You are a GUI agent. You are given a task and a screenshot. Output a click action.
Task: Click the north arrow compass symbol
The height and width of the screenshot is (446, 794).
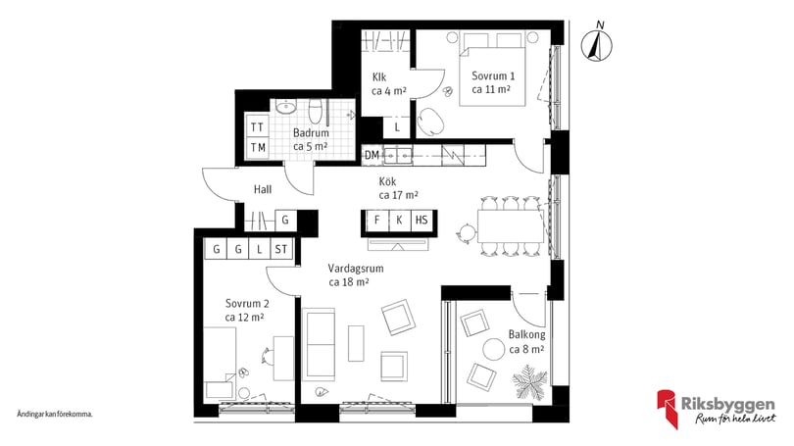(x=597, y=44)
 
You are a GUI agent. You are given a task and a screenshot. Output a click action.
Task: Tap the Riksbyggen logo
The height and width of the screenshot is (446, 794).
(x=717, y=408)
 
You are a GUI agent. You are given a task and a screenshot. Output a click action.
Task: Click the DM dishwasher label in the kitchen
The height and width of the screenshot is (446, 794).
(x=372, y=156)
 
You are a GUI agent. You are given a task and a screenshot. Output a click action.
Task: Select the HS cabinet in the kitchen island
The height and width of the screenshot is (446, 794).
(x=422, y=221)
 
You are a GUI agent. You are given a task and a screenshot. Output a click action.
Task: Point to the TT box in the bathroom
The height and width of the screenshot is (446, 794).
(x=257, y=127)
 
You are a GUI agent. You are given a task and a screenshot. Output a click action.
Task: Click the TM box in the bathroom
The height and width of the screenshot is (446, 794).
(x=257, y=148)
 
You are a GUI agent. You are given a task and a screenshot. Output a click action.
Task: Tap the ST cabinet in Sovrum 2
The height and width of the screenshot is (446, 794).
(x=281, y=249)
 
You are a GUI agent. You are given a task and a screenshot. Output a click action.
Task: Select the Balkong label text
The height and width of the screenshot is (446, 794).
(x=526, y=334)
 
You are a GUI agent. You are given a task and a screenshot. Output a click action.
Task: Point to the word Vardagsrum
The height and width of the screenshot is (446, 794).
(x=356, y=269)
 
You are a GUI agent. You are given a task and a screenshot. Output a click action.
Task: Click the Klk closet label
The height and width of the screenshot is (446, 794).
(x=379, y=77)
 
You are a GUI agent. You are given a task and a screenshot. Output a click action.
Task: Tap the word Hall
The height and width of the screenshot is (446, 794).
(x=263, y=189)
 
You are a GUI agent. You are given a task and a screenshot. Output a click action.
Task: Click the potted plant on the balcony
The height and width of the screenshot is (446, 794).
(x=529, y=382)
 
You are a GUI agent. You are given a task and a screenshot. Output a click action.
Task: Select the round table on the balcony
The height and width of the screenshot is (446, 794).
(x=494, y=349)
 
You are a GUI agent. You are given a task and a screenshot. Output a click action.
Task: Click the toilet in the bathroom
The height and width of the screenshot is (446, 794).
(x=315, y=112)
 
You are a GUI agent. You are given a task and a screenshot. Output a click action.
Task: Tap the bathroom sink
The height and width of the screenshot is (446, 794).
(x=286, y=107)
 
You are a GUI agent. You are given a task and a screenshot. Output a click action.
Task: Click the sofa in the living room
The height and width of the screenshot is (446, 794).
(x=318, y=344)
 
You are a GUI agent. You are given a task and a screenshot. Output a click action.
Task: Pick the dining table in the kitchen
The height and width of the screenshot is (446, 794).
(x=511, y=225)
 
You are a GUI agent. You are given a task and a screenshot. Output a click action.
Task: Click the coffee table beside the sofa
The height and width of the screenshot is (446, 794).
(x=356, y=343)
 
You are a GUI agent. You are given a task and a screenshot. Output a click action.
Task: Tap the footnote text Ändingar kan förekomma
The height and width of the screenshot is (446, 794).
(x=55, y=414)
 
